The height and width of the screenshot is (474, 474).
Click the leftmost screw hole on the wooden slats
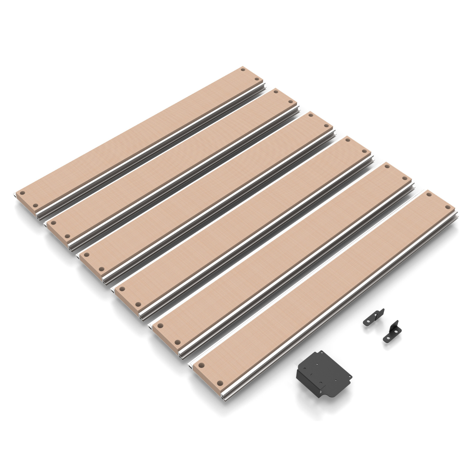coord(22,193)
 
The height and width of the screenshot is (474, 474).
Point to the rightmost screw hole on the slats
coord(447,208)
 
